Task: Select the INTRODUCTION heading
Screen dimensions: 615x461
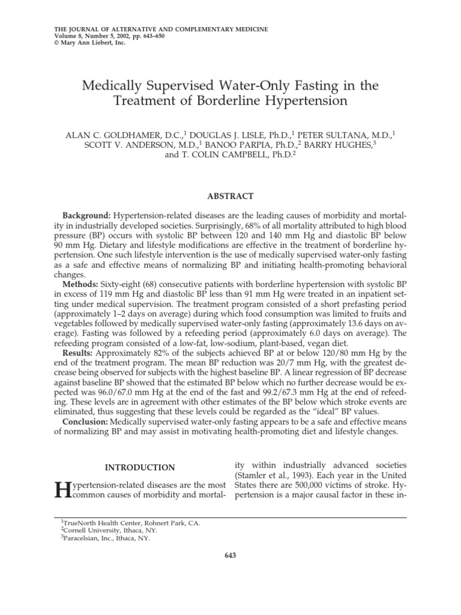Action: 140,467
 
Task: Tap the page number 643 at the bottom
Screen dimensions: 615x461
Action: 230,556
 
